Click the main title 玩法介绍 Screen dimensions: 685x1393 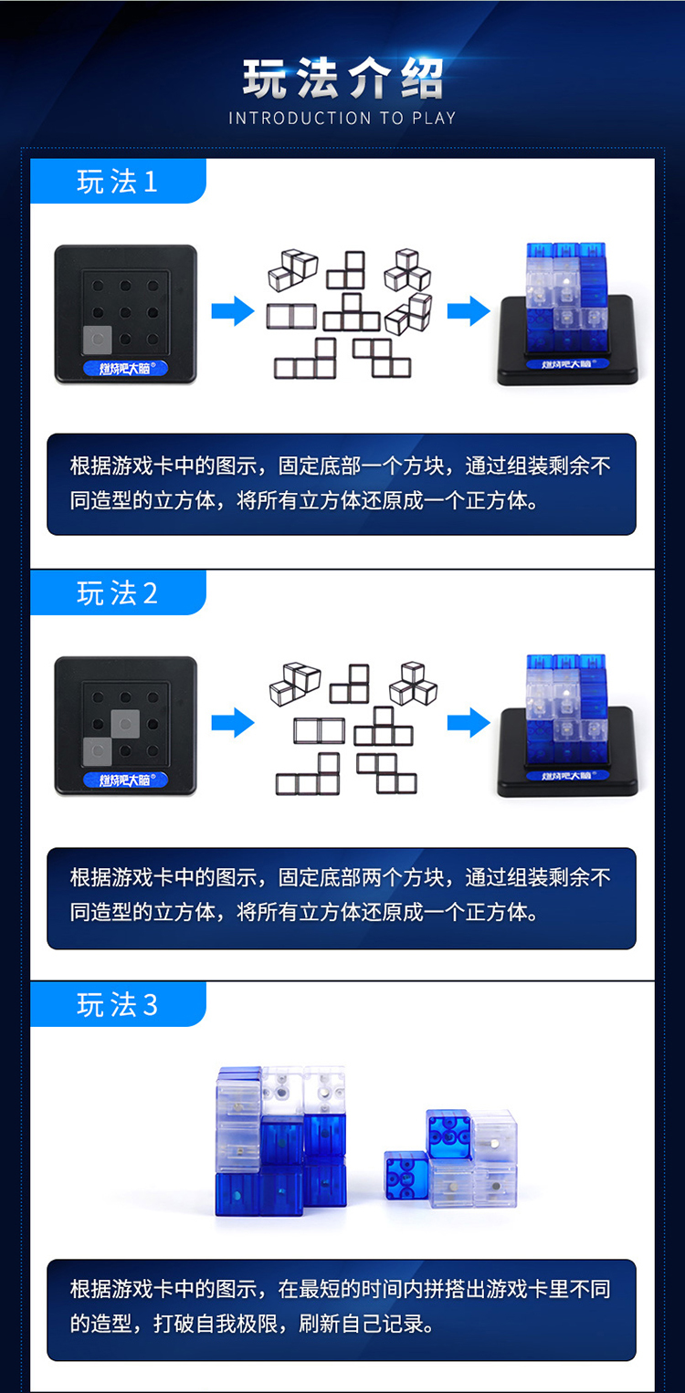[342, 79]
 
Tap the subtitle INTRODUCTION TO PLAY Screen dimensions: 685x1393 [342, 118]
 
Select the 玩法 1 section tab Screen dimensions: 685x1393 [118, 181]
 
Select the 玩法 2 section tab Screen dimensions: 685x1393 [118, 592]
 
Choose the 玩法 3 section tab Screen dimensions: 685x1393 [118, 1004]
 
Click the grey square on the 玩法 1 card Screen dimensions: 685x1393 [98, 340]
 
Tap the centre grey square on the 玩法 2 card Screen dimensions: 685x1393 [125, 724]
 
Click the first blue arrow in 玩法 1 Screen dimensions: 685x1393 [233, 311]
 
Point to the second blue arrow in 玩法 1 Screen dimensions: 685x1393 [469, 311]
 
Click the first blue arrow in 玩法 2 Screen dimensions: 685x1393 [233, 723]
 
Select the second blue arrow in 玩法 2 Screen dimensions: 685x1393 [469, 723]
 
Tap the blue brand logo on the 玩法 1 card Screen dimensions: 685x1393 [126, 368]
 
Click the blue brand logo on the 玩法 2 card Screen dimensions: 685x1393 [126, 780]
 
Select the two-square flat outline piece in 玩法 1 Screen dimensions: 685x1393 [291, 317]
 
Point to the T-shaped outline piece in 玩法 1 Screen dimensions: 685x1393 [352, 312]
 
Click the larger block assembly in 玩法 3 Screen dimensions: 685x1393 [281, 1141]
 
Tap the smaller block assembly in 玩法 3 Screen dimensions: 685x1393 [451, 1159]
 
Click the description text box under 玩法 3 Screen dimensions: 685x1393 [342, 1310]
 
